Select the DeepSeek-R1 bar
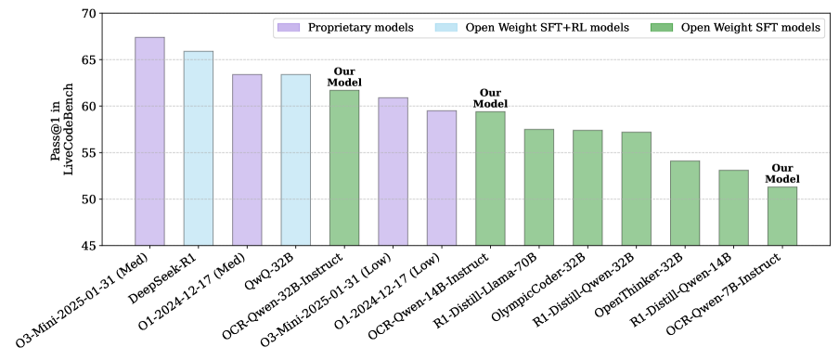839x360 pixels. click(198, 148)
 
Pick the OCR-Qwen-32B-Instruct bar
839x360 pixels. click(344, 168)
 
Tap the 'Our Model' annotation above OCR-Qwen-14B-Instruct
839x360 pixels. click(490, 98)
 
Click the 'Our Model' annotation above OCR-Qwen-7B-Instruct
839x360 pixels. click(781, 174)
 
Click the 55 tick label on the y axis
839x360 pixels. click(89, 153)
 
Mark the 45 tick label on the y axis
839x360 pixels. click(89, 246)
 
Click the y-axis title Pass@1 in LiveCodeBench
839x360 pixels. click(61, 130)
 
